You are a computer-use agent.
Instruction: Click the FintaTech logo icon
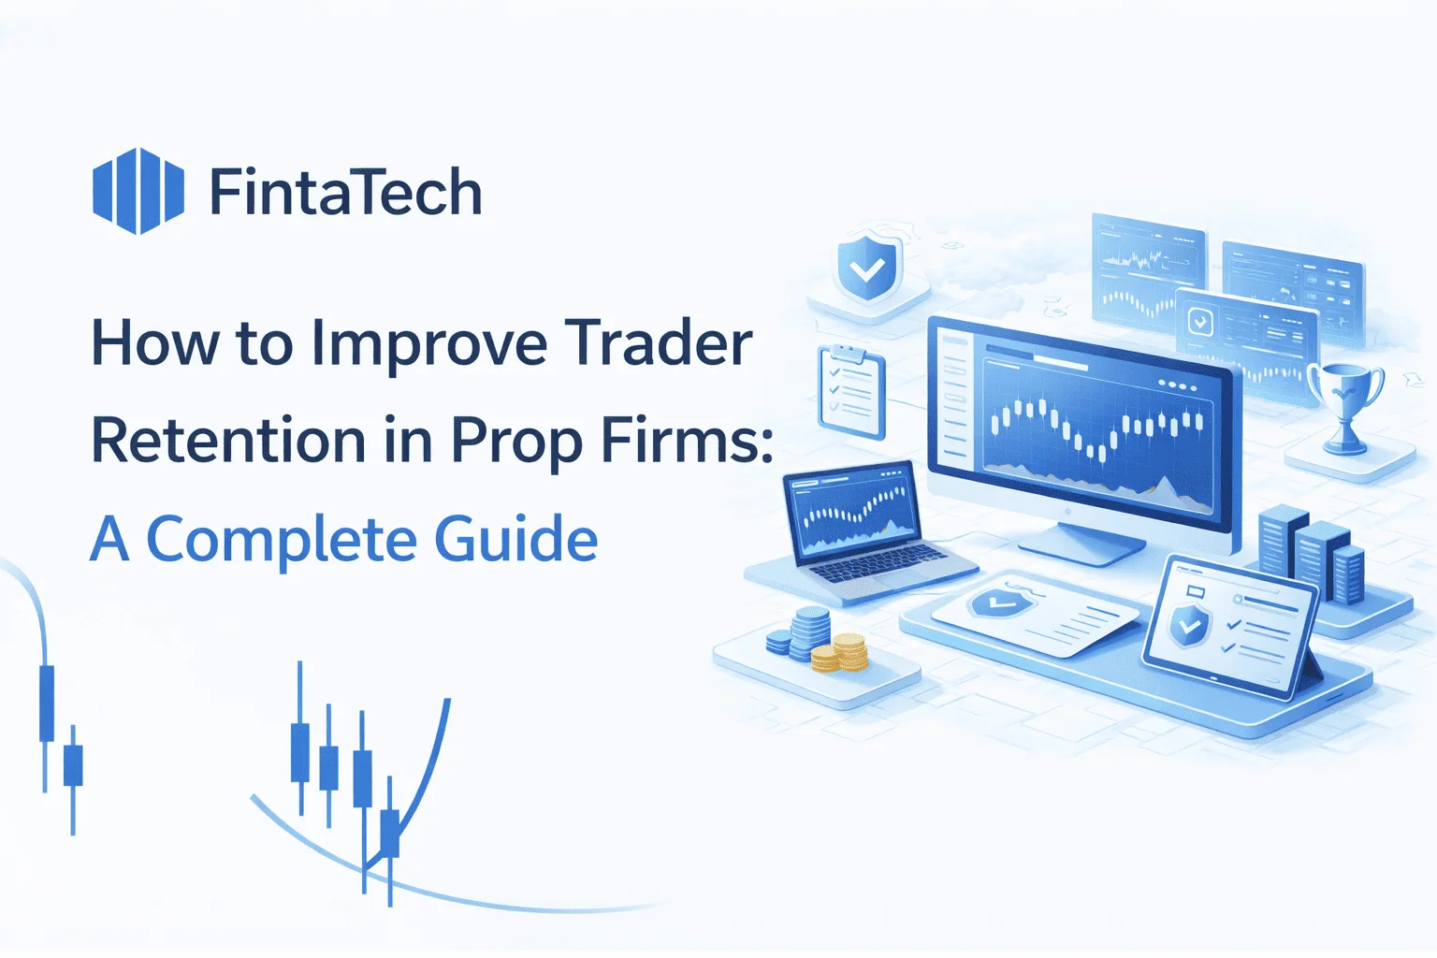(x=138, y=191)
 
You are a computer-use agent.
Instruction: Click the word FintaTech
(x=345, y=193)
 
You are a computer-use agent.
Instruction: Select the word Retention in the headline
(x=228, y=441)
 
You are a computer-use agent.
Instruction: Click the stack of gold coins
(x=840, y=653)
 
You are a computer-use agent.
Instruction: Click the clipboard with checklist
(x=851, y=391)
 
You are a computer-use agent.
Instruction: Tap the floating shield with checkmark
(x=867, y=269)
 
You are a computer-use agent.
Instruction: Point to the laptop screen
(x=850, y=510)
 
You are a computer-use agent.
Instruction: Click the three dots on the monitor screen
(x=1177, y=385)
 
